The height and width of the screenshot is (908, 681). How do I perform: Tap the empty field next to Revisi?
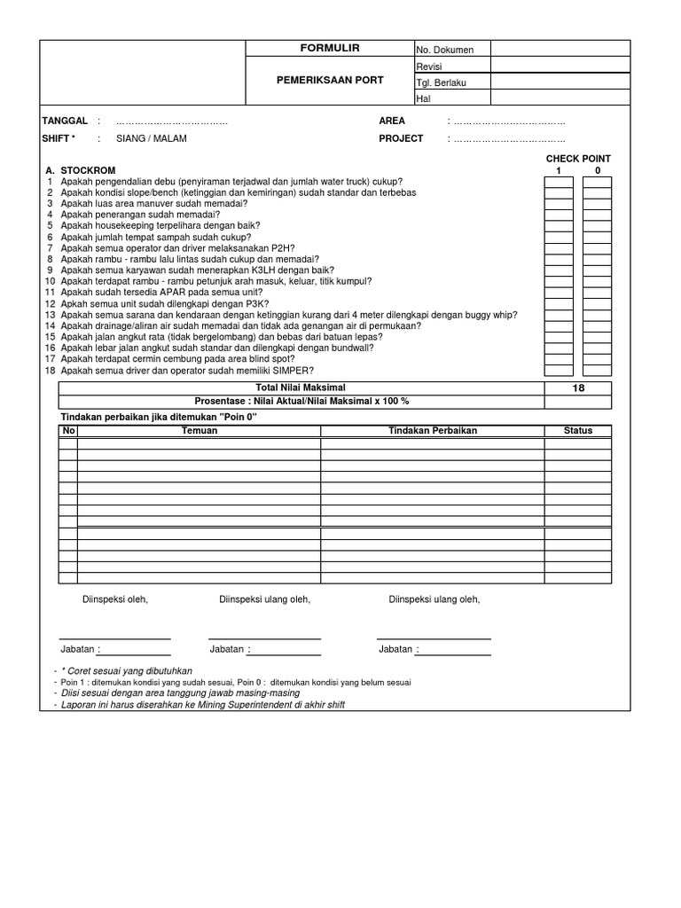(x=551, y=66)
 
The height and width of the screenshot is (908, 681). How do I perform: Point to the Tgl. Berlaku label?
(x=441, y=82)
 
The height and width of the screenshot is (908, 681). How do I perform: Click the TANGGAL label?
(x=65, y=121)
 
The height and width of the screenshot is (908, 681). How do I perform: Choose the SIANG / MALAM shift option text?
(x=151, y=139)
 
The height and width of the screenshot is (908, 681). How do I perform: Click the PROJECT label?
(x=401, y=139)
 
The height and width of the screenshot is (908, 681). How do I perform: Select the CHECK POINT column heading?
(x=578, y=159)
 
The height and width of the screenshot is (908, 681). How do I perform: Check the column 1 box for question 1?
(x=559, y=182)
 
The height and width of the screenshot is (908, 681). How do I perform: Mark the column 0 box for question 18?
(x=597, y=371)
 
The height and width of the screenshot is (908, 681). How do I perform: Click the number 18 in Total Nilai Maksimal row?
(x=578, y=388)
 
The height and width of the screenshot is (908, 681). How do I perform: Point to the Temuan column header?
(x=199, y=430)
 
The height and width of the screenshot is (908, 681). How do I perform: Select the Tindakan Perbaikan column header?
(x=433, y=430)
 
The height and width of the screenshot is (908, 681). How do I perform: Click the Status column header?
(x=578, y=430)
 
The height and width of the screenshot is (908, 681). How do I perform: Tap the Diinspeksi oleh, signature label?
(x=115, y=600)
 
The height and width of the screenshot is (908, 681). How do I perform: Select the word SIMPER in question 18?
(x=297, y=371)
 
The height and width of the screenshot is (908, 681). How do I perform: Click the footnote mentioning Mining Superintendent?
(x=202, y=705)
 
